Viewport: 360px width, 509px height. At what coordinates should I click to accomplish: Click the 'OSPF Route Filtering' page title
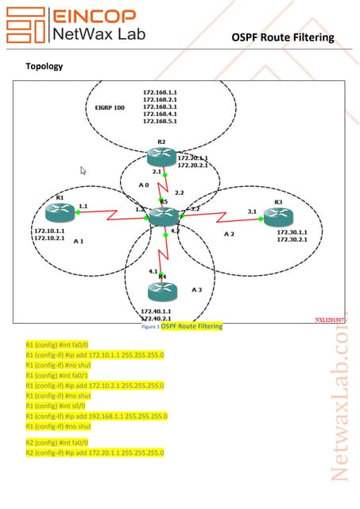[x=283, y=37]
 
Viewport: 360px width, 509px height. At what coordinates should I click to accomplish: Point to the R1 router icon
[x=59, y=211]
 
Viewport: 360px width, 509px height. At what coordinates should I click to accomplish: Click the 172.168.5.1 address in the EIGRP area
[x=160, y=122]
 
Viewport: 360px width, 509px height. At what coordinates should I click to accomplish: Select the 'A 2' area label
[x=229, y=234]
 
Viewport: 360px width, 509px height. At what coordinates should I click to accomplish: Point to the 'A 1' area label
[x=78, y=240]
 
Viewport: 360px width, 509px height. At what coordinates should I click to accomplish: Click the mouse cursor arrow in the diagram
[x=83, y=170]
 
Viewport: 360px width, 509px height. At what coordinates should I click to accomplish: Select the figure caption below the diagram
[x=182, y=326]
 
